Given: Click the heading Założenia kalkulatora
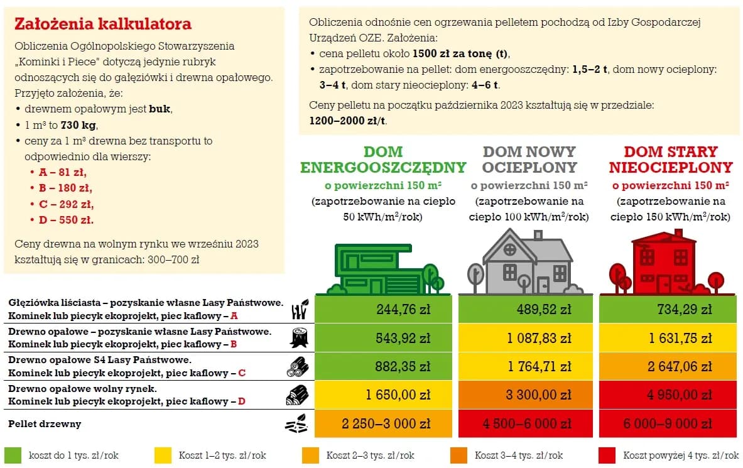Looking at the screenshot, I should (x=102, y=24).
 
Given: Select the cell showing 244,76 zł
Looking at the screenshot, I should (x=383, y=309).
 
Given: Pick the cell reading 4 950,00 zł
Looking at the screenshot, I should (x=668, y=395).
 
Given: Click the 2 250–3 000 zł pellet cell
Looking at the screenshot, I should (x=383, y=423).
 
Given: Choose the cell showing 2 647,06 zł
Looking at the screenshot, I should (x=668, y=366).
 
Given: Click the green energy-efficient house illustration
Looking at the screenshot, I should (x=383, y=267).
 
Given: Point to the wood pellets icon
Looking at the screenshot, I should (x=296, y=424).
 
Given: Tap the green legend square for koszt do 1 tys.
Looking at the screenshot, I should (x=13, y=455).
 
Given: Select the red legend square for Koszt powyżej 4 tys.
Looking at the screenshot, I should (x=607, y=455).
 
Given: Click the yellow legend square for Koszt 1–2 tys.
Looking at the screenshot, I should (x=163, y=455).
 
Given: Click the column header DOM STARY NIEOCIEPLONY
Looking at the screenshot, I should (x=670, y=160).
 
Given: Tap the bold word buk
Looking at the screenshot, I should (x=160, y=109).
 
